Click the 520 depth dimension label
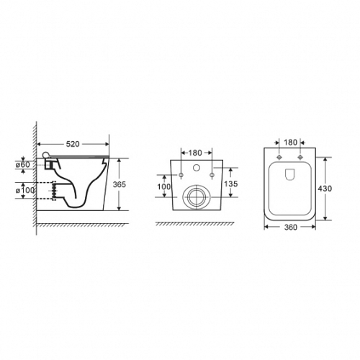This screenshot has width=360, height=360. tap(73, 144)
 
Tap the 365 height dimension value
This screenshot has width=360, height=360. tap(120, 184)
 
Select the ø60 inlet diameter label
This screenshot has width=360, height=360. tap(23, 165)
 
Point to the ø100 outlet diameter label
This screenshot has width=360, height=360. tap(25, 191)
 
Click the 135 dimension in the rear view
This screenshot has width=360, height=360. tap(231, 184)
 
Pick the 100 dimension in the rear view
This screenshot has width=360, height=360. tap(164, 186)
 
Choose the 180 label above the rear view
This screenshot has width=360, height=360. tap(195, 153)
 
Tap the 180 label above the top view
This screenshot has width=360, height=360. tap(291, 143)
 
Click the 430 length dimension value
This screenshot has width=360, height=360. tap(325, 189)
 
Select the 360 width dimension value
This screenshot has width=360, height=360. tap(291, 227)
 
